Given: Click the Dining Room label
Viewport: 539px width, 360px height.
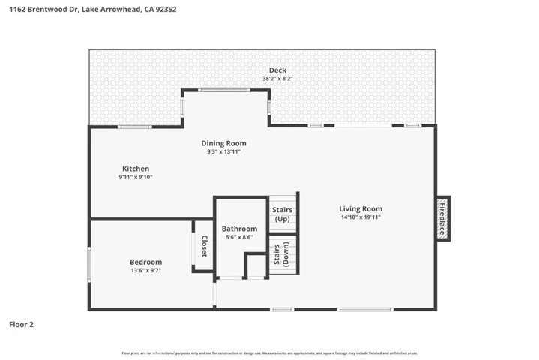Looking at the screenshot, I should point(223,143).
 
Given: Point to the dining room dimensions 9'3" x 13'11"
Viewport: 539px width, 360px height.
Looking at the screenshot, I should point(223,151).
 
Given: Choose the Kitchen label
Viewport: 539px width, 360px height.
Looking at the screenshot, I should point(136,169).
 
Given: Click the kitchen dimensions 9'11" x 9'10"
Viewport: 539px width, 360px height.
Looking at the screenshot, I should point(136,177).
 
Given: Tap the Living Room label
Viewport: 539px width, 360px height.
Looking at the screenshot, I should point(361,209).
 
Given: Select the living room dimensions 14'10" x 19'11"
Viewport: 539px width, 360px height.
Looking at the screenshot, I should point(361,217).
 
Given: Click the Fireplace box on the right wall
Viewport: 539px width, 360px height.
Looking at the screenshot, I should point(443,219).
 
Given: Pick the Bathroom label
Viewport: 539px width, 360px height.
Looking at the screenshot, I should point(239,229).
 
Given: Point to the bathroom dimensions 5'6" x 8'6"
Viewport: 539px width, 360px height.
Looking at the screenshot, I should point(239,237).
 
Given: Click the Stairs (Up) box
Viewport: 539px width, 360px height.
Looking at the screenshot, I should point(283,214).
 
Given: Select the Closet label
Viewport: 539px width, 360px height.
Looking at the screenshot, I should point(203,246).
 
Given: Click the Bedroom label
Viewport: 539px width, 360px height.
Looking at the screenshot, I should point(145,262).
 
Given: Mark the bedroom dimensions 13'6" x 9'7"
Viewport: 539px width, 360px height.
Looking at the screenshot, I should point(145,270).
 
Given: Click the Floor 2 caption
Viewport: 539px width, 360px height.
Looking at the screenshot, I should point(21,325).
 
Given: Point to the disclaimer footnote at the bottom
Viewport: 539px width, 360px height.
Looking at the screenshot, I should point(269,352).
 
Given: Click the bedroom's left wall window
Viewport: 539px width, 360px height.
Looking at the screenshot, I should point(89,265).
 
